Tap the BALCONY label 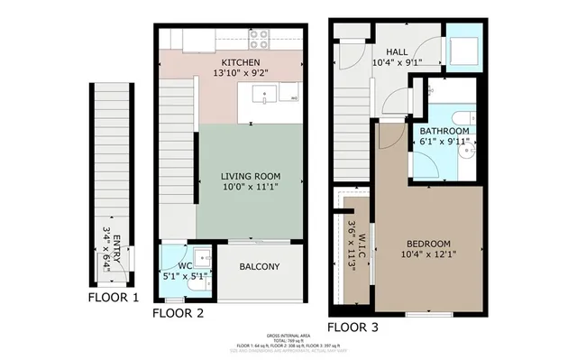(x=259, y=267)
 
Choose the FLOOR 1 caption (x=113, y=297)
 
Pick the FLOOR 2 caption (x=177, y=313)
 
